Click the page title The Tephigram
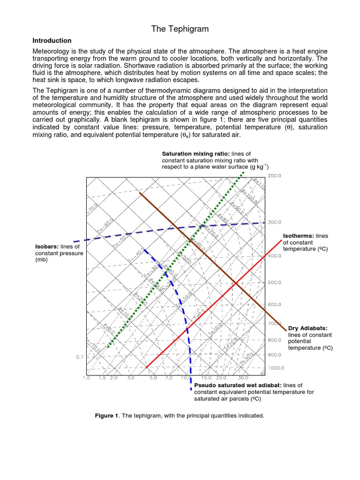(180, 29)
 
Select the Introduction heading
(52, 41)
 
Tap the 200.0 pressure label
(274, 176)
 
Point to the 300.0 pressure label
(274, 222)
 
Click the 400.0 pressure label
(274, 256)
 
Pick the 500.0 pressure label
(274, 283)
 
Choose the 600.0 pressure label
(274, 305)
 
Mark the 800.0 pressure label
(274, 340)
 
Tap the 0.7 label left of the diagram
(80, 357)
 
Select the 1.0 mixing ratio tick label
(87, 377)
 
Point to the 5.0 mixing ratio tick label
(153, 377)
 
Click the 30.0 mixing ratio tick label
(243, 377)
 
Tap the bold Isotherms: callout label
(299, 235)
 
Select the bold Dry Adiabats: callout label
(307, 329)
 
